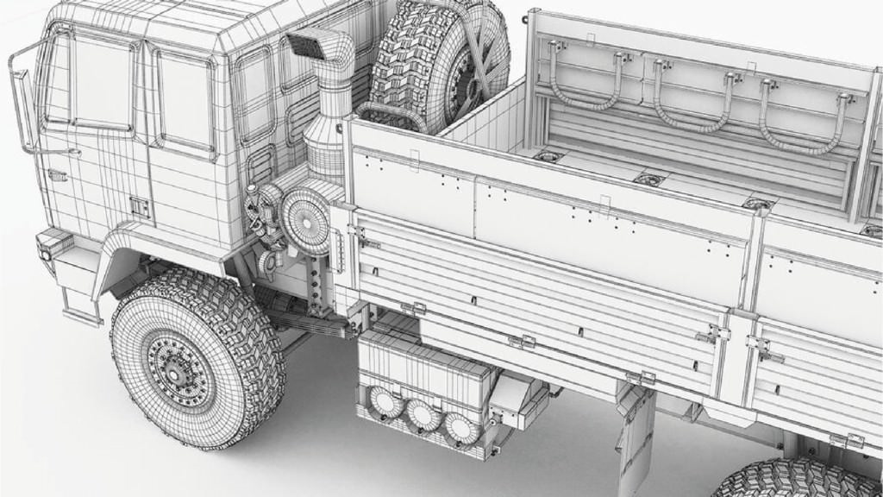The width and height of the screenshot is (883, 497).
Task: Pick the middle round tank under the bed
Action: (x=423, y=416)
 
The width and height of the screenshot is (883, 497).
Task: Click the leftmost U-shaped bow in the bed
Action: (x=586, y=82)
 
